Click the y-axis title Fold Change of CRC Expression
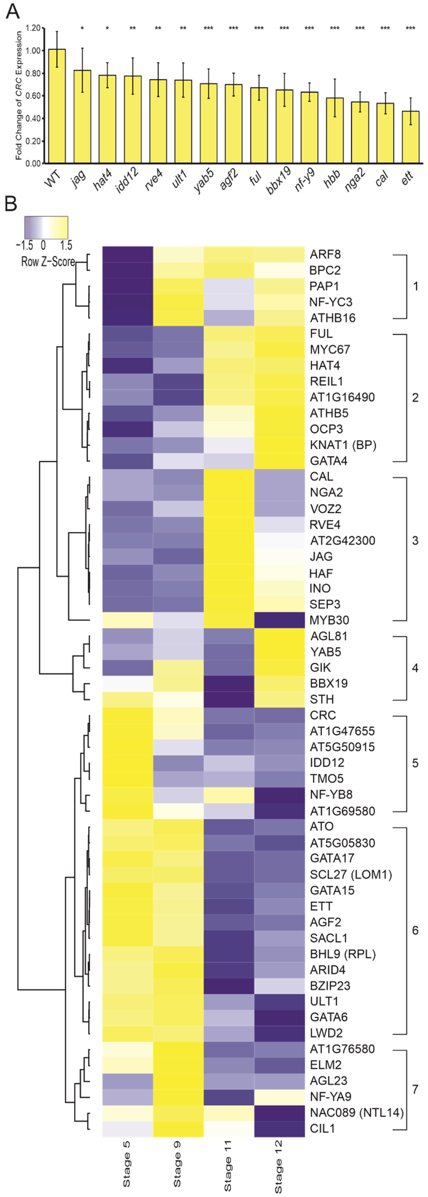tap(18, 95)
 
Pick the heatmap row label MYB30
tap(329, 620)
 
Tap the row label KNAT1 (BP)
tap(343, 445)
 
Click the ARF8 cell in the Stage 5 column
tap(128, 254)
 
